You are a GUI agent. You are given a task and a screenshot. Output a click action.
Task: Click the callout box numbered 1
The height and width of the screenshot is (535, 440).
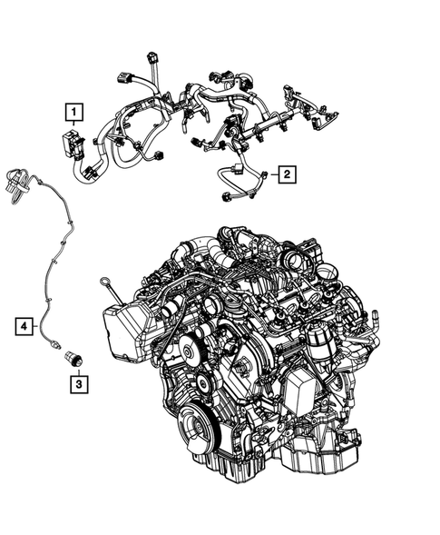[73, 112]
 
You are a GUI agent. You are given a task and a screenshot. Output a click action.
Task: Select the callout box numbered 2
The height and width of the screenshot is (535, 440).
[285, 173]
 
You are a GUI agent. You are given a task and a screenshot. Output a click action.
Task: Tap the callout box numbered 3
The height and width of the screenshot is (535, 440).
[79, 384]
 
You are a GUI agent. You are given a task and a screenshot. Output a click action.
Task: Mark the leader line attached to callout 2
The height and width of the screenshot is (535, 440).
[269, 173]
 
